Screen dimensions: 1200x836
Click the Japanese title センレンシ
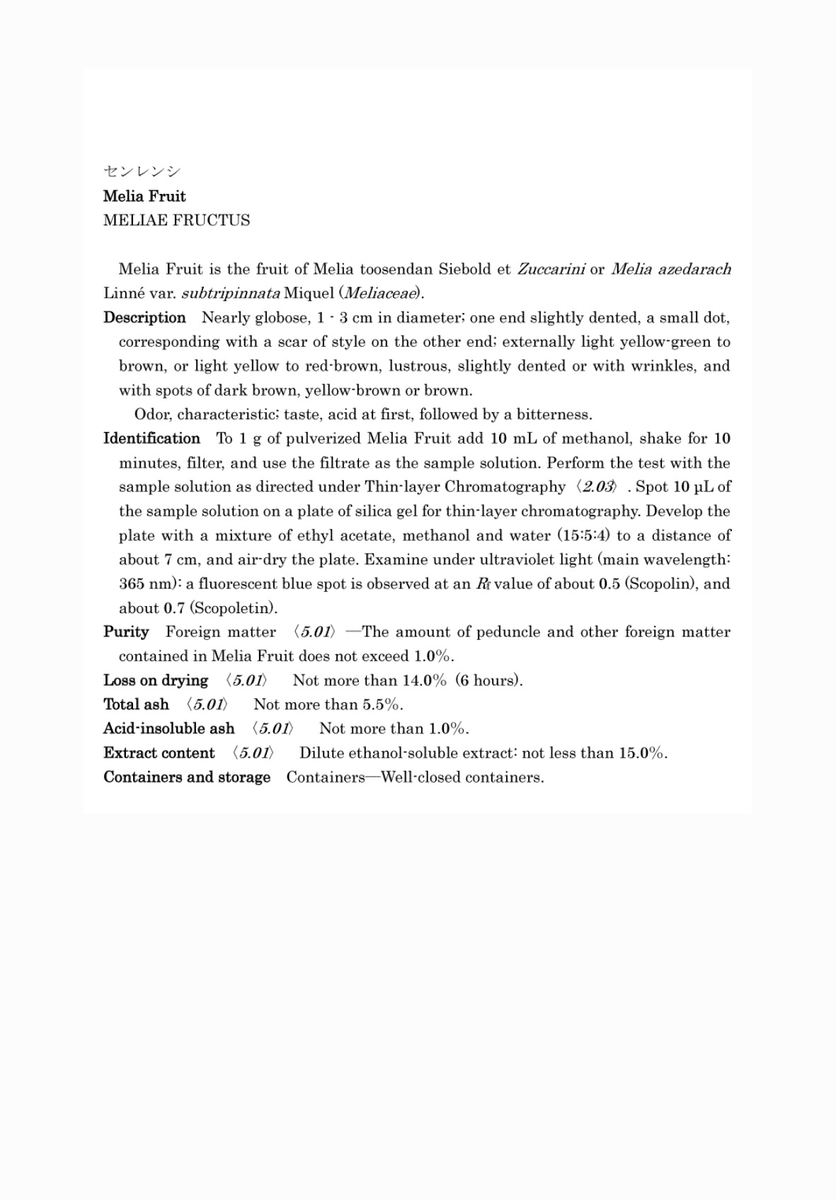click(142, 171)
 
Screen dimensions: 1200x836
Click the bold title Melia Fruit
click(144, 196)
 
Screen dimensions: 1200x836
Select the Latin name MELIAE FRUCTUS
click(176, 220)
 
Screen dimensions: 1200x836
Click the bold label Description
click(144, 317)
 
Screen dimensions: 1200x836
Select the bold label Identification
click(151, 438)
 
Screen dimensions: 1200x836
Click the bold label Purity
click(126, 632)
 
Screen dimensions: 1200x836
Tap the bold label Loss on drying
click(156, 680)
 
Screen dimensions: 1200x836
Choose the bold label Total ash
click(136, 704)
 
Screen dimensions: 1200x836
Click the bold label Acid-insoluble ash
click(168, 728)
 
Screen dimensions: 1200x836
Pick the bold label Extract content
click(159, 753)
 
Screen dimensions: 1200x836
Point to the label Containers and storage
click(187, 777)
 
